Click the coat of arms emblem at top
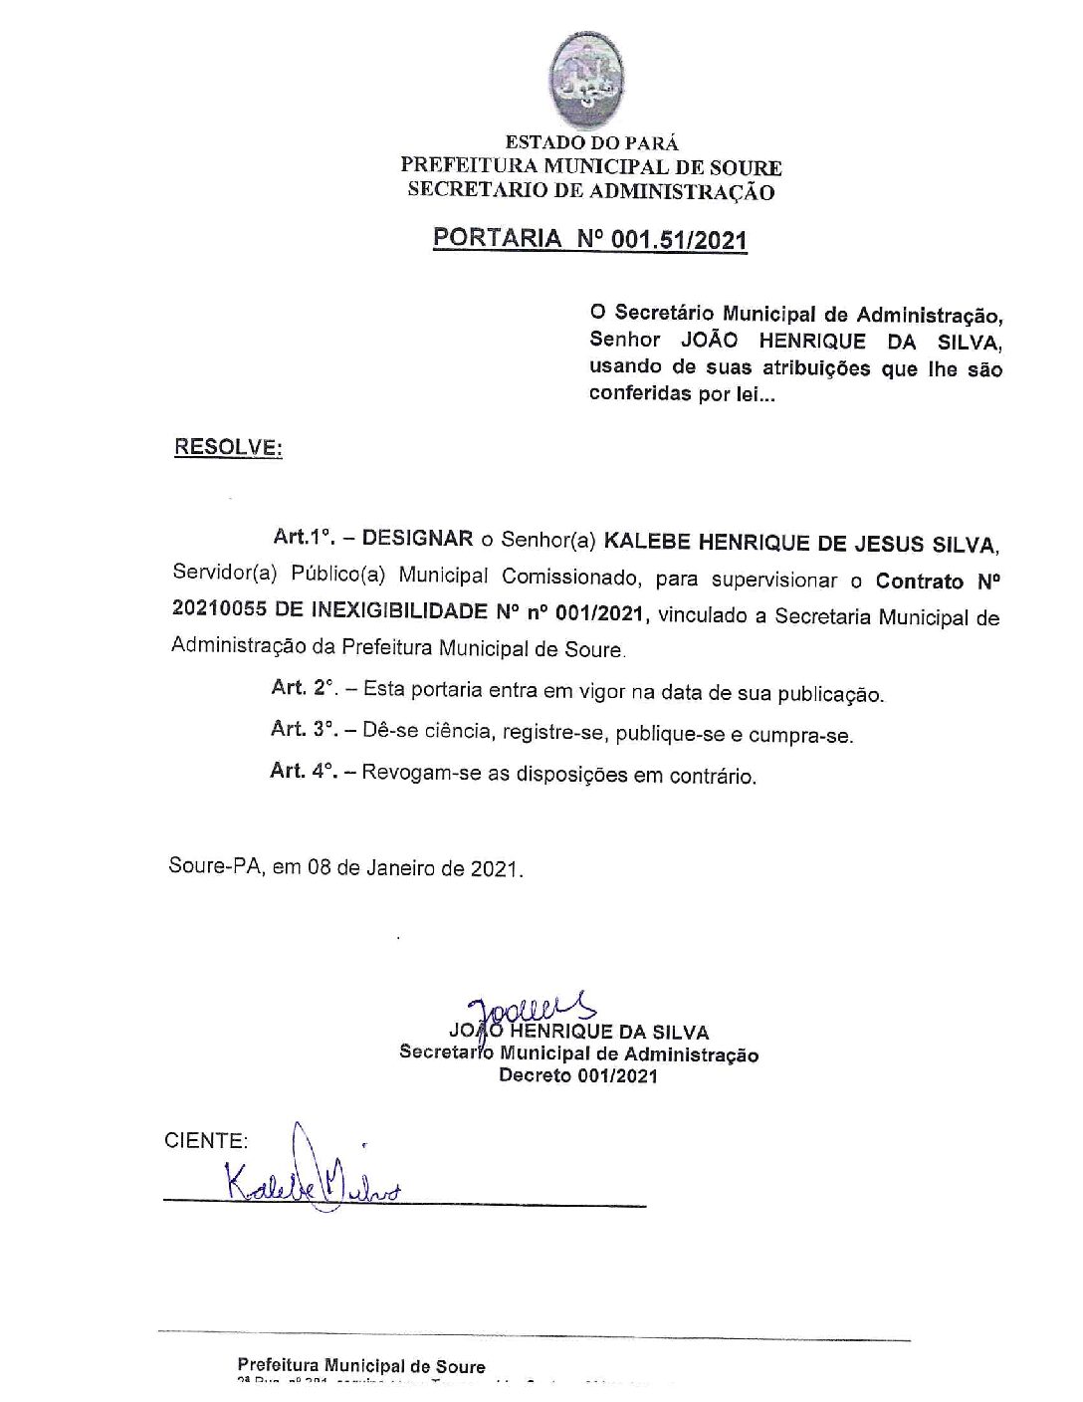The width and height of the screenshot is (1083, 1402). click(589, 81)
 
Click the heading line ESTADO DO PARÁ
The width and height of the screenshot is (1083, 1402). click(591, 144)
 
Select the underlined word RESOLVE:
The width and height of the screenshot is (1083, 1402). click(228, 447)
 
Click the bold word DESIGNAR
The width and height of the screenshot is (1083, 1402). click(417, 539)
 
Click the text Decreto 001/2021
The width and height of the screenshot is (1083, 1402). click(578, 1075)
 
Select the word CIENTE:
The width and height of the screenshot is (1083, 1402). click(206, 1141)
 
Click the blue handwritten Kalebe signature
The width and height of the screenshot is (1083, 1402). click(309, 1180)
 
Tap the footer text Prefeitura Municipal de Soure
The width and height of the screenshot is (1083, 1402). click(361, 1366)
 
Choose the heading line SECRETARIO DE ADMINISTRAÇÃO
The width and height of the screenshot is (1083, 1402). click(591, 192)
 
